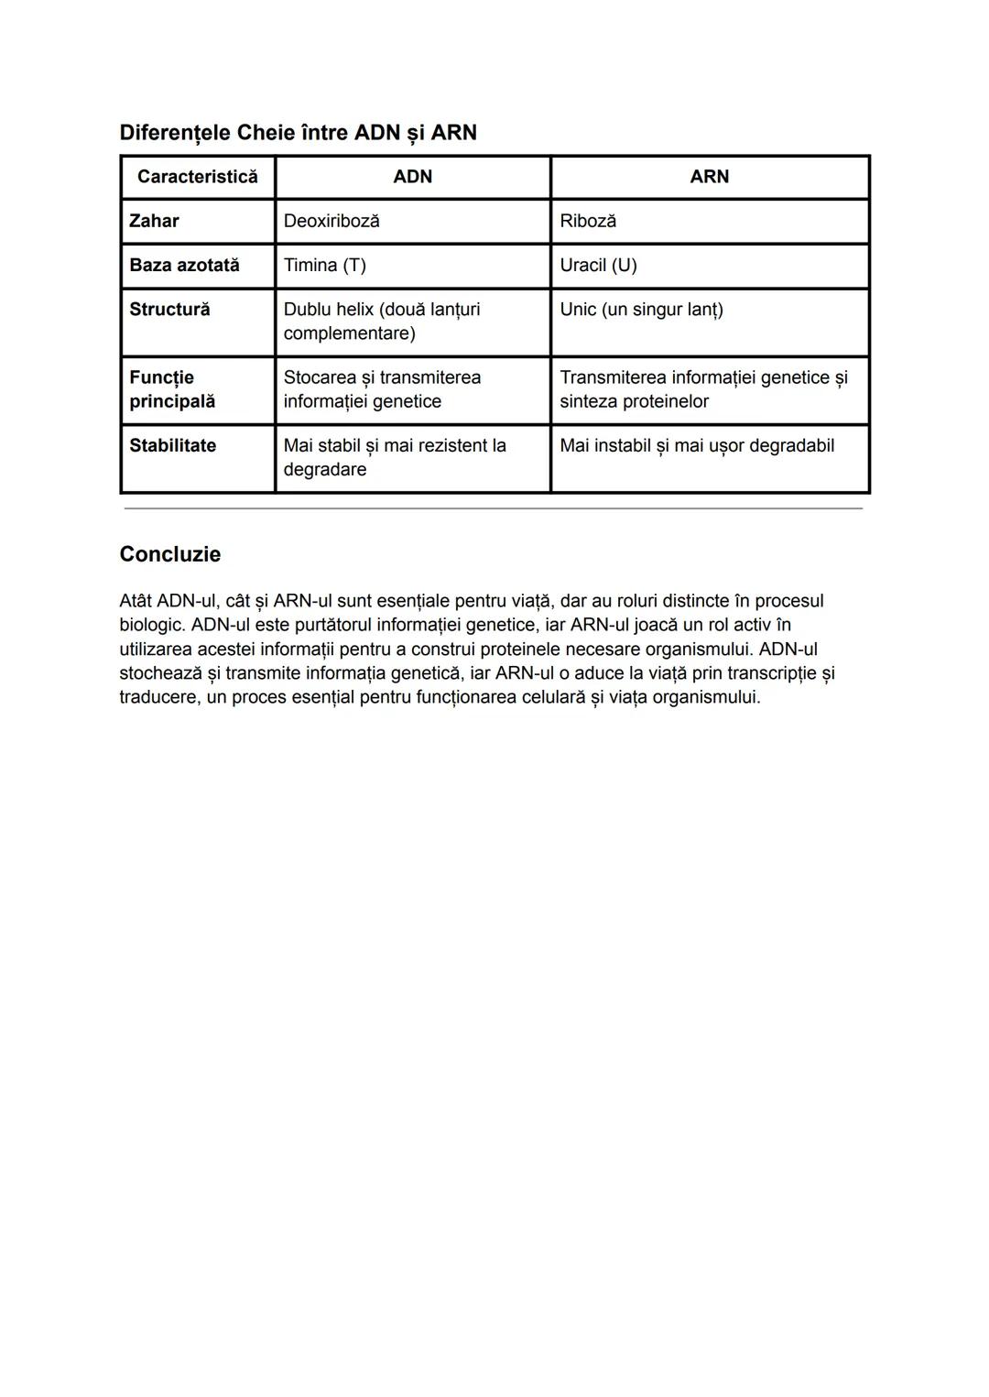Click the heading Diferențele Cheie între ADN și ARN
click(x=298, y=133)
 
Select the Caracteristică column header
click(x=197, y=177)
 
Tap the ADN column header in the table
click(x=412, y=177)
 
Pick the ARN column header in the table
click(x=709, y=177)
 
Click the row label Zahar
click(x=154, y=221)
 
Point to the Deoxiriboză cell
click(x=331, y=221)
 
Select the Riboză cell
click(x=588, y=221)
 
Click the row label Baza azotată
click(x=184, y=265)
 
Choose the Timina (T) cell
click(x=324, y=265)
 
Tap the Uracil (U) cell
click(x=598, y=265)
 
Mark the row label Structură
click(x=169, y=310)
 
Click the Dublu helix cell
click(x=381, y=321)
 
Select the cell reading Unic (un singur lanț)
click(x=641, y=310)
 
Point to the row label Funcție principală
click(x=172, y=389)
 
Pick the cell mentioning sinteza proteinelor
click(x=703, y=389)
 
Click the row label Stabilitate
click(x=172, y=445)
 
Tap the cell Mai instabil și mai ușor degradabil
click(x=697, y=445)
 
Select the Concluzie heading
click(x=170, y=554)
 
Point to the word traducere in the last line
click(x=157, y=697)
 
